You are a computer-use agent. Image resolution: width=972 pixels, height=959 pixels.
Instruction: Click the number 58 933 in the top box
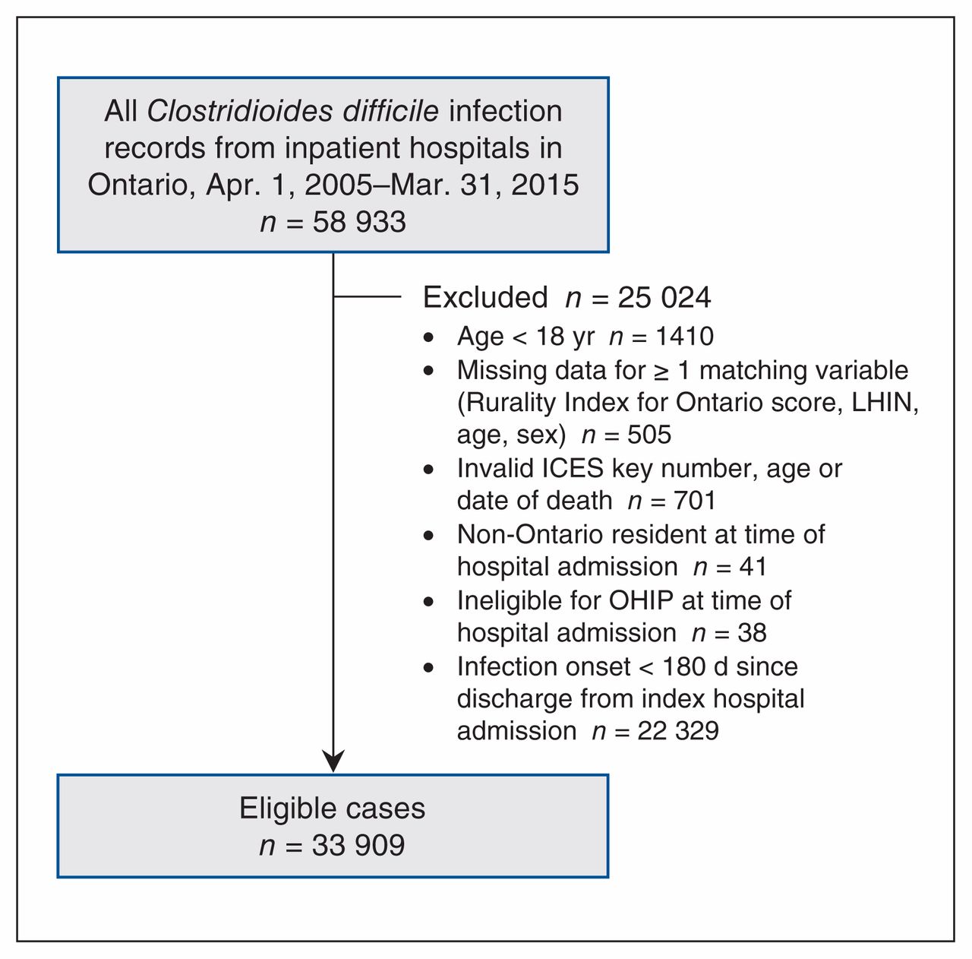[359, 222]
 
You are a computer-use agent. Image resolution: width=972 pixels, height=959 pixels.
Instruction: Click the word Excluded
[485, 297]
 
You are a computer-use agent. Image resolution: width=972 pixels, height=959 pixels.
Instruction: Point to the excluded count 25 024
[664, 297]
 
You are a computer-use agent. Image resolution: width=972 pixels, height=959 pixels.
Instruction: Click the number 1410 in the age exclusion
[685, 337]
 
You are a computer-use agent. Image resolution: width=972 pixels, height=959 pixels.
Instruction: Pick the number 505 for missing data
[649, 435]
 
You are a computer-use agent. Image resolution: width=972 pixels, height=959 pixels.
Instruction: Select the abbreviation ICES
[573, 468]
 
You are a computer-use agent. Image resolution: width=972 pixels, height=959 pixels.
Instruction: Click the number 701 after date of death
[695, 501]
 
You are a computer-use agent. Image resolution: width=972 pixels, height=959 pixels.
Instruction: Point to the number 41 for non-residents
[753, 567]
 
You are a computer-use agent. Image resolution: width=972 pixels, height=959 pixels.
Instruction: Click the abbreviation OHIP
[641, 600]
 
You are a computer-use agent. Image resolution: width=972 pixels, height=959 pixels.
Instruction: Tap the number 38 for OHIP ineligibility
[752, 633]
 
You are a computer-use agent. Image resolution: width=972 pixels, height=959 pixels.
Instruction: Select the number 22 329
[678, 731]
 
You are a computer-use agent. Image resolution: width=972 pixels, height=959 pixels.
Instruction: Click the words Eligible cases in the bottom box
[332, 809]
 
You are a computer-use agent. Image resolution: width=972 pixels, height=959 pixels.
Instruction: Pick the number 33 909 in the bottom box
[358, 845]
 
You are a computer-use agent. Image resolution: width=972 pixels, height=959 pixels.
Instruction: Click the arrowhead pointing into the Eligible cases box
[333, 761]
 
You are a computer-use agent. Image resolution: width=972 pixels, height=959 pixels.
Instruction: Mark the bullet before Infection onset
[429, 668]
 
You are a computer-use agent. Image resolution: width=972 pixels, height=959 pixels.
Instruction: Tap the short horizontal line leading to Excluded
[368, 296]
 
